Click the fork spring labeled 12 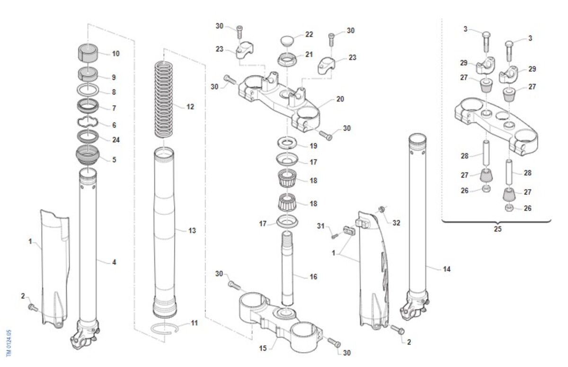point(164,100)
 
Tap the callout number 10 point(115,54)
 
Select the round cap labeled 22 point(287,41)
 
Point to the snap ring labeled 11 point(165,329)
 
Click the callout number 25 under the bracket point(497,229)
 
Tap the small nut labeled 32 point(381,210)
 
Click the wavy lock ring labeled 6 point(88,123)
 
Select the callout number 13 point(192,230)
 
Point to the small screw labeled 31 point(335,237)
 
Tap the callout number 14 point(447,269)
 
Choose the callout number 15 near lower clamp point(263,348)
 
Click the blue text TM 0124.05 point(9,343)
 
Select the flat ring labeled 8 point(88,90)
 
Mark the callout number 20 point(340,99)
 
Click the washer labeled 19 point(287,143)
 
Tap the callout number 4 point(114,262)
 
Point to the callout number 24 point(116,140)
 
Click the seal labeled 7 point(88,106)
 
